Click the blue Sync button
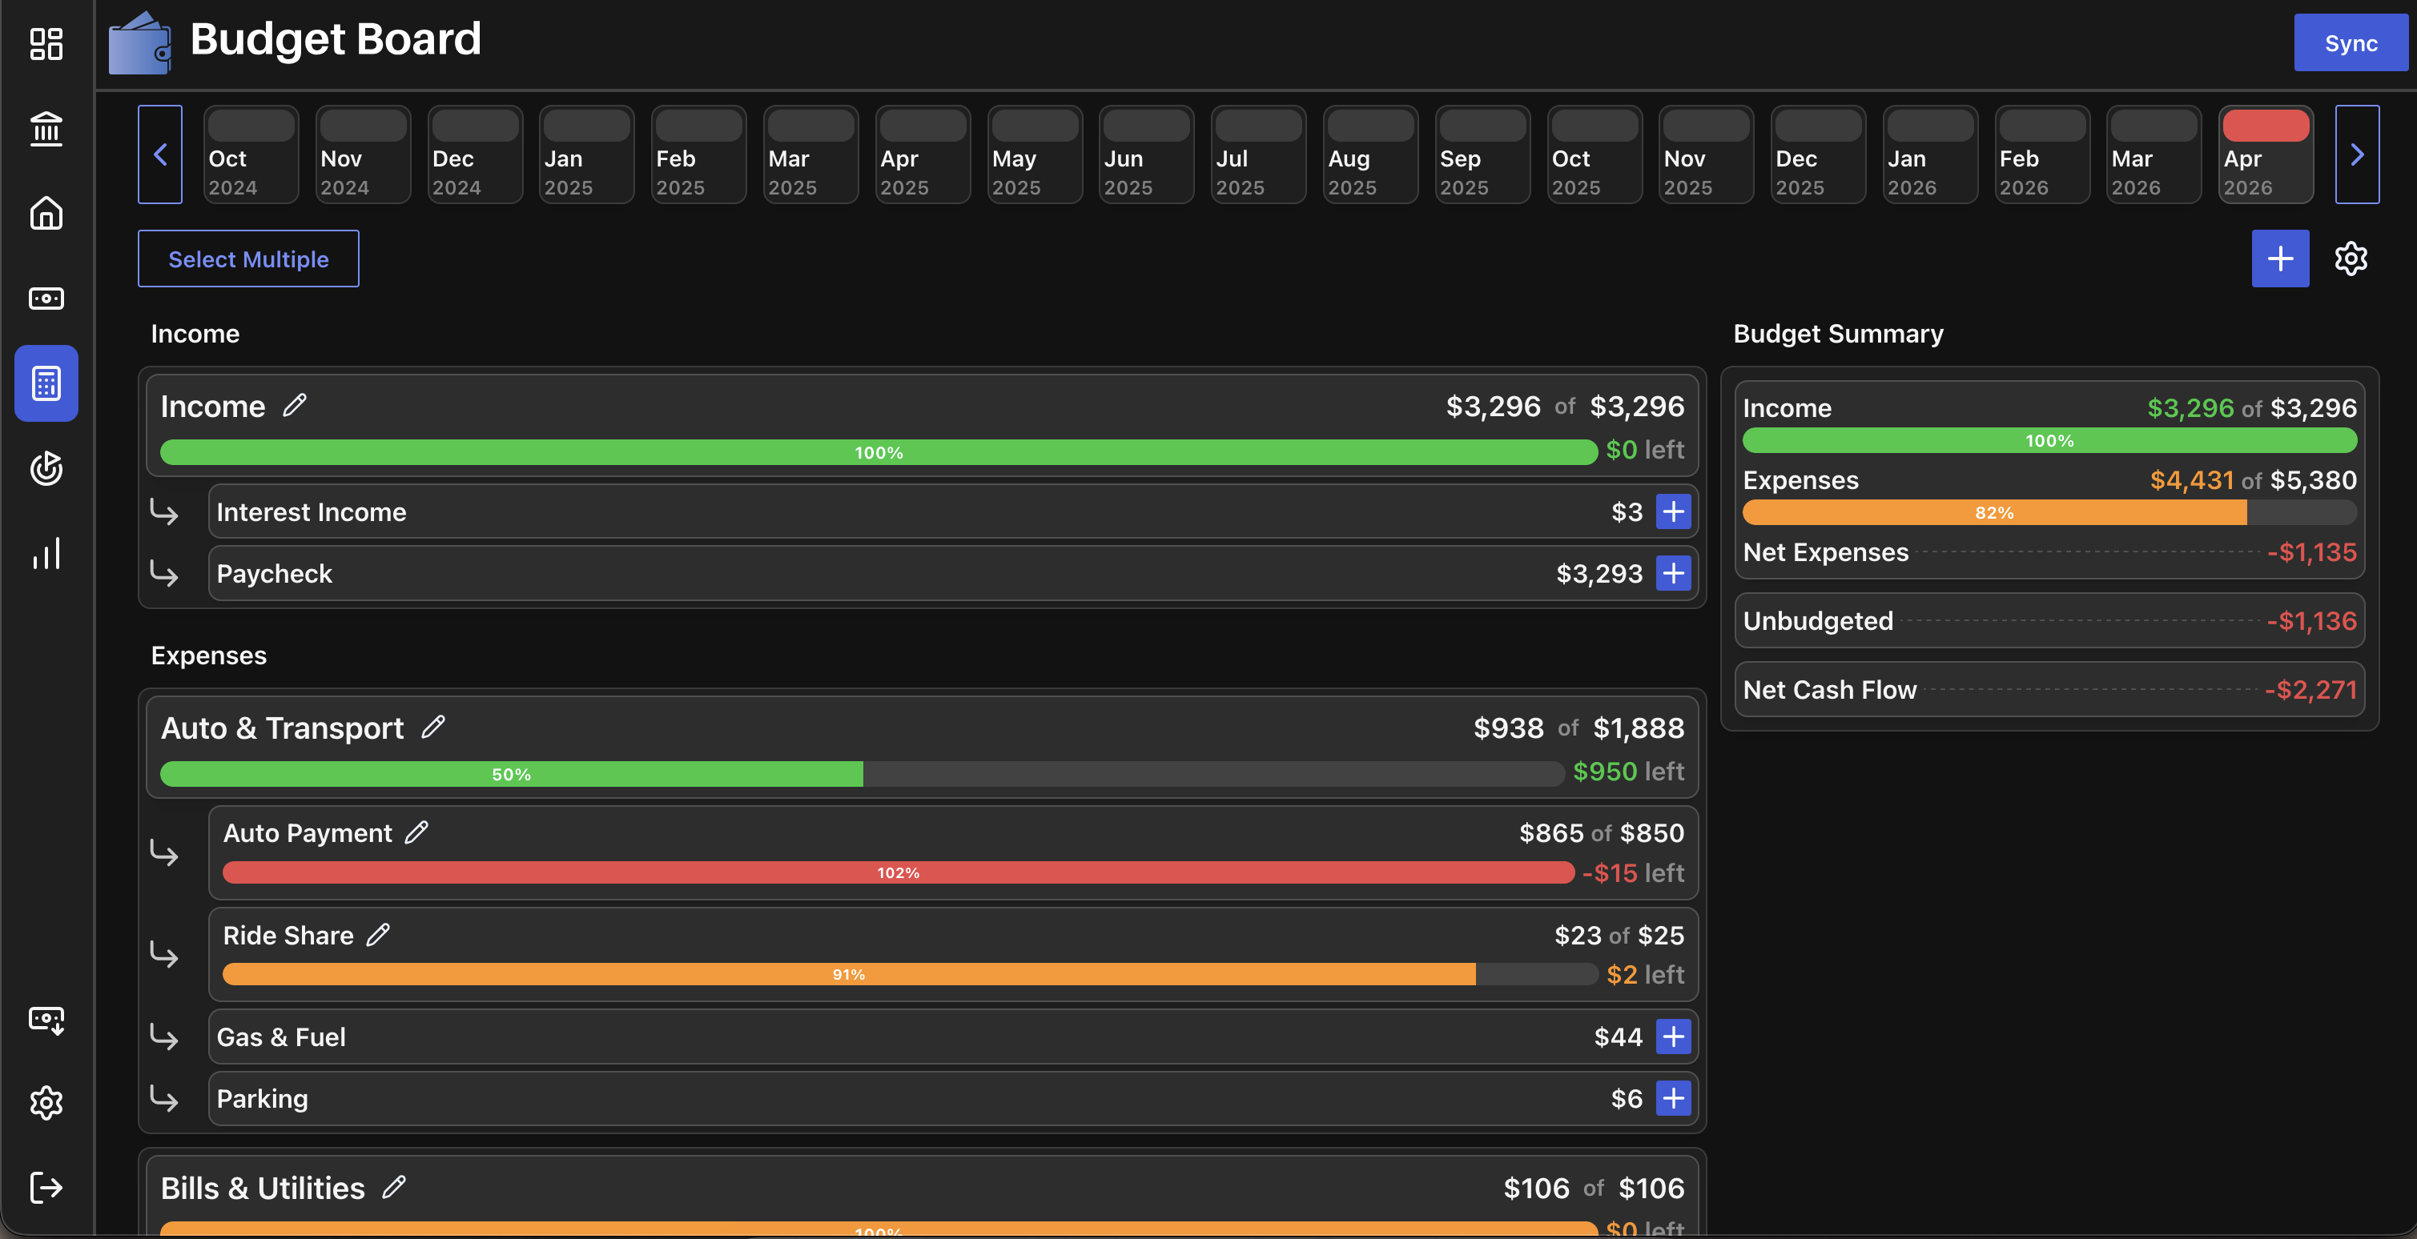click(2351, 43)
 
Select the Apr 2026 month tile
click(2265, 154)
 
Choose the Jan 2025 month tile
click(586, 154)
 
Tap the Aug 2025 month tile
click(1370, 154)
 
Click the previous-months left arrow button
click(160, 154)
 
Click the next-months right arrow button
click(2357, 154)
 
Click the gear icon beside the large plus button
click(2351, 258)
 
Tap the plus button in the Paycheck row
click(1673, 573)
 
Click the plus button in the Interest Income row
click(1673, 511)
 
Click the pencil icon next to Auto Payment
click(416, 832)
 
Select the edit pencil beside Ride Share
click(378, 934)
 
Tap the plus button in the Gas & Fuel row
click(1673, 1037)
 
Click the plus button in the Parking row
click(1673, 1097)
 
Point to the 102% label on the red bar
click(898, 872)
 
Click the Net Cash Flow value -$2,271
click(2310, 689)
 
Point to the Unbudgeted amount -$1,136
click(2311, 621)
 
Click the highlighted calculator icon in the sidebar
click(46, 383)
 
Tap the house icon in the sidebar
click(46, 213)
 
